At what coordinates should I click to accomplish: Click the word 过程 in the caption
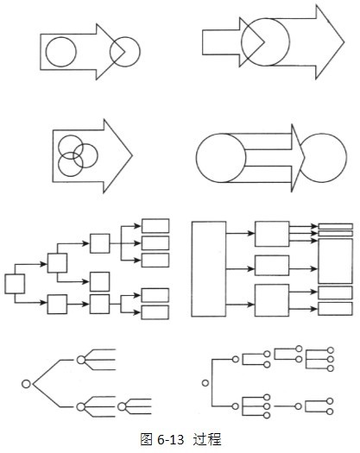click(x=206, y=439)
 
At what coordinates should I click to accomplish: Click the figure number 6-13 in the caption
click(x=171, y=440)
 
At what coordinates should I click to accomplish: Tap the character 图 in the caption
click(x=146, y=439)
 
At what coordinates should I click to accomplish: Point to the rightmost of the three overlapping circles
click(x=98, y=155)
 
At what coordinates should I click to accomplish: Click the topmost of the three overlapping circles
click(x=71, y=135)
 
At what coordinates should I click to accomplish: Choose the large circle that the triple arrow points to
click(x=346, y=158)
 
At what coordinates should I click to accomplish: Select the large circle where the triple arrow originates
click(x=196, y=158)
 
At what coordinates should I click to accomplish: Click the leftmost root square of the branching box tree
click(x=15, y=284)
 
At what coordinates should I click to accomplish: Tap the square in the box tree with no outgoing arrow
click(x=100, y=281)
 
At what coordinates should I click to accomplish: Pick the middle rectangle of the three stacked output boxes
click(x=155, y=243)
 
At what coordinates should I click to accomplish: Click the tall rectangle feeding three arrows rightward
click(x=209, y=269)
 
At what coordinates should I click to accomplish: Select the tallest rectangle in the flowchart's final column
click(x=336, y=261)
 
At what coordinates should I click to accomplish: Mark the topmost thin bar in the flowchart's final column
click(x=336, y=226)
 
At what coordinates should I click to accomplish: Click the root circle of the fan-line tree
click(x=26, y=384)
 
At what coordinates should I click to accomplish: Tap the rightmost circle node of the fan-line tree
click(x=122, y=406)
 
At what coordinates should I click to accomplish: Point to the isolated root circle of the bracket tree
click(x=205, y=383)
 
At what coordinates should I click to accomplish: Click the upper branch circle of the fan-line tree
click(x=81, y=360)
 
